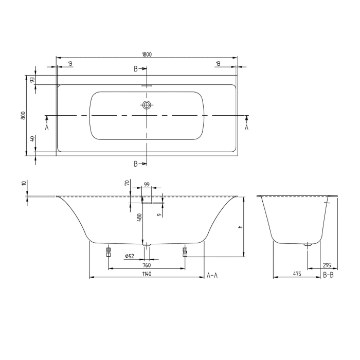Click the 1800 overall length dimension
tap(147, 54)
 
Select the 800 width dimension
tap(23, 116)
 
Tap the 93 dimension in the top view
tap(32, 80)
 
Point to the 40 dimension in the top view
tap(32, 139)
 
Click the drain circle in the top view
tap(147, 105)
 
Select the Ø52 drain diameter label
tap(130, 256)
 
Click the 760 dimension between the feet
tap(146, 265)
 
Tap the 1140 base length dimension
tap(147, 274)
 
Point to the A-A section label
tap(212, 276)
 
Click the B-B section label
tap(329, 276)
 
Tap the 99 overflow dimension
tap(147, 184)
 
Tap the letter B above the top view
tap(136, 68)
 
